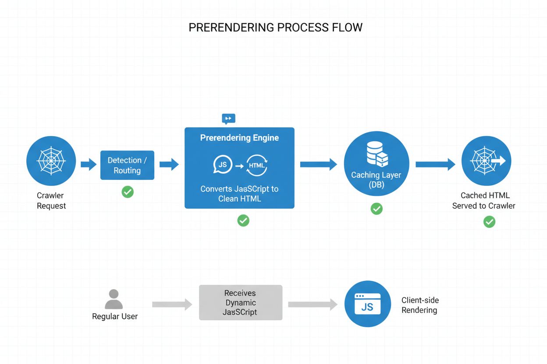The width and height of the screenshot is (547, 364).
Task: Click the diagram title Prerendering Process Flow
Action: click(x=275, y=28)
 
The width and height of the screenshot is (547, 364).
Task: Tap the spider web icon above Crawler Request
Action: click(x=51, y=161)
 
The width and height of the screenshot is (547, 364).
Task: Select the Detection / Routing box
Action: click(x=127, y=165)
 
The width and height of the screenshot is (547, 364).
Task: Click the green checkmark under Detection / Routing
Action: click(x=128, y=192)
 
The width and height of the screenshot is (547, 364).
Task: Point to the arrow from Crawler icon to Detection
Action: click(x=89, y=164)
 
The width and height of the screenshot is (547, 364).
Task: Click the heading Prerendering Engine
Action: click(x=239, y=138)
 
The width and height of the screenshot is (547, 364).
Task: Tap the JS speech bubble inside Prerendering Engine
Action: click(x=223, y=165)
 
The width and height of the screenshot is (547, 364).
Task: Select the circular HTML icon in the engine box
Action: click(x=257, y=165)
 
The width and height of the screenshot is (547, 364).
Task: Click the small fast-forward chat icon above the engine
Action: click(x=228, y=119)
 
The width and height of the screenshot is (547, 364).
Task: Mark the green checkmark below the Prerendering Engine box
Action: click(x=243, y=220)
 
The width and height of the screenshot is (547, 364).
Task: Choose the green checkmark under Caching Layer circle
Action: click(x=377, y=209)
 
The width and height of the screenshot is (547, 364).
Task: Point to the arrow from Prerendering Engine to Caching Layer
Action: click(x=318, y=164)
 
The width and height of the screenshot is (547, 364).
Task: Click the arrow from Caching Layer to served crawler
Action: click(x=435, y=164)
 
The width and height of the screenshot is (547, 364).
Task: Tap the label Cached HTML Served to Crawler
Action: click(x=484, y=200)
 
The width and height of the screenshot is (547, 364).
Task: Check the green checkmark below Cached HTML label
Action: click(x=489, y=222)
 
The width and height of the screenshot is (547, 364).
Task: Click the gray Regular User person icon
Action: click(x=114, y=299)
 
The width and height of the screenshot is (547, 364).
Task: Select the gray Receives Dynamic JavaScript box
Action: click(x=241, y=303)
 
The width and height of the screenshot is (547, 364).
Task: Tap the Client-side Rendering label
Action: click(x=419, y=305)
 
